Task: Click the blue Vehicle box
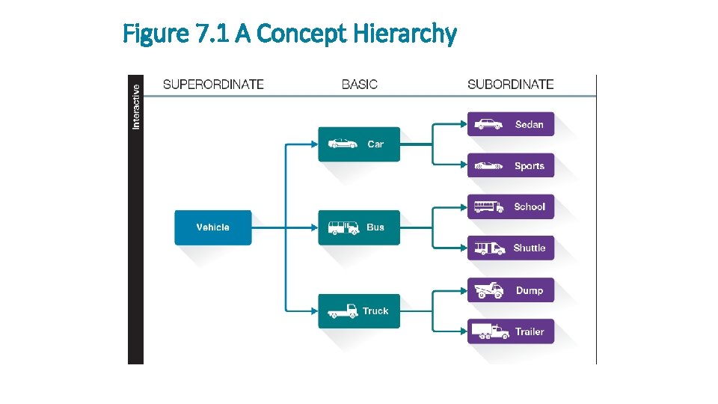coord(213,227)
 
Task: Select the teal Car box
coord(359,144)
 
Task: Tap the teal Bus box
coord(359,227)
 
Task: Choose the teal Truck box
coord(359,311)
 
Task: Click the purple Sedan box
coord(511,124)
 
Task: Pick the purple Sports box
coord(511,166)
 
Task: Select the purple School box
coord(511,206)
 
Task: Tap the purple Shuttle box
coord(511,248)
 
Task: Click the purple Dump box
coord(511,290)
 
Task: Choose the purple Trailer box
coord(511,331)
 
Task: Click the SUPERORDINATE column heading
coord(213,85)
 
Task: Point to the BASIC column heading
coord(360,85)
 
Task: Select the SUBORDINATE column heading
coord(511,85)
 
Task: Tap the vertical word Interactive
coord(136,105)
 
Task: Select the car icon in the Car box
coord(343,144)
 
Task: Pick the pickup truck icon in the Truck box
coord(343,311)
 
